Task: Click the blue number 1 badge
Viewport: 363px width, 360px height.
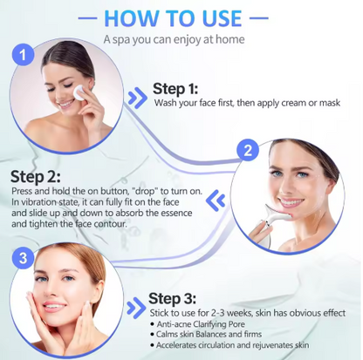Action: point(23,55)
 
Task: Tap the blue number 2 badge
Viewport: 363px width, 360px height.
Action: point(248,151)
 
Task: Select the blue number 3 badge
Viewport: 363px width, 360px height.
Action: point(23,258)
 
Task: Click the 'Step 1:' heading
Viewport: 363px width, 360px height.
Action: point(175,89)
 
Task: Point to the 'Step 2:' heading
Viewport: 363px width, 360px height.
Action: point(36,177)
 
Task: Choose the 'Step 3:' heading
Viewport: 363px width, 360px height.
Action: point(172,299)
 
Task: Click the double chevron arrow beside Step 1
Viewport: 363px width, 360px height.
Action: point(137,98)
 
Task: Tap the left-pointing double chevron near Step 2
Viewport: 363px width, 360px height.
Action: point(216,200)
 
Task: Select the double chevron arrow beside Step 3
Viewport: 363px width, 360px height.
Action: point(136,308)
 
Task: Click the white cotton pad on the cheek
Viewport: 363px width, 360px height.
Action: point(79,92)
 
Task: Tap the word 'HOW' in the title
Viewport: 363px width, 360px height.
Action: point(132,18)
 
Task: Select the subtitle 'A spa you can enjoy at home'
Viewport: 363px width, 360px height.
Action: point(174,39)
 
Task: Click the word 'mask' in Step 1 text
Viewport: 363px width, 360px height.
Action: point(330,103)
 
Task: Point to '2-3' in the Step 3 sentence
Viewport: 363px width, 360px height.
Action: point(217,313)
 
